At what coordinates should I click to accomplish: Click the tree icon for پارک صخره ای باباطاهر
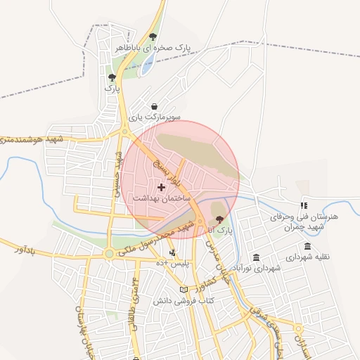click(153, 37)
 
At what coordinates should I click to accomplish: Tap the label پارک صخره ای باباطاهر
click(154, 49)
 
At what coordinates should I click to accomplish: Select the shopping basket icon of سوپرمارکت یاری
click(154, 106)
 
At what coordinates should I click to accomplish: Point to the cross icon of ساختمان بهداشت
click(162, 187)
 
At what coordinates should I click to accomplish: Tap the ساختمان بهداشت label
click(162, 199)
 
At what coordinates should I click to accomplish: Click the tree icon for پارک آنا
click(219, 219)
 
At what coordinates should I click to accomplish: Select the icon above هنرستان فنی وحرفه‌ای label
click(304, 206)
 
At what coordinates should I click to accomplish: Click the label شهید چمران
click(309, 226)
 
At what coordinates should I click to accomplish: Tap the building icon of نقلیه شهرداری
click(308, 245)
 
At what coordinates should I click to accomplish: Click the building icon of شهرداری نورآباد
click(255, 257)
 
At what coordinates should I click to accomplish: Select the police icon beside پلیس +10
click(173, 252)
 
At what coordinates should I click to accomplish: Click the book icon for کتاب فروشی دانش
click(184, 290)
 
